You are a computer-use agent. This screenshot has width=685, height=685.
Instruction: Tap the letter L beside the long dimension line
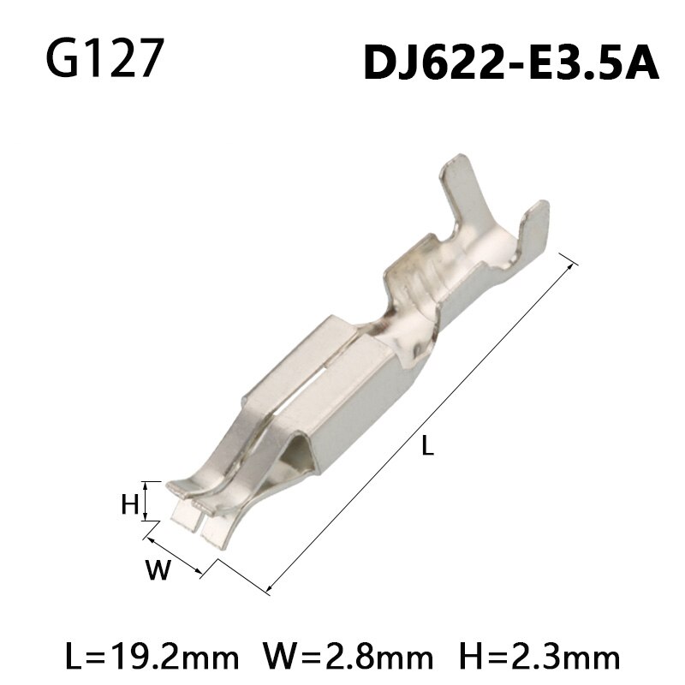coord(429,445)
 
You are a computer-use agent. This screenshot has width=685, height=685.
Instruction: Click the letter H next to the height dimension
coord(129,504)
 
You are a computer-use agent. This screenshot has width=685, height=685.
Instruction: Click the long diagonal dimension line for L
coord(420,420)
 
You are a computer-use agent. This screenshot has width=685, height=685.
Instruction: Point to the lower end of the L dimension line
coord(269,590)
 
